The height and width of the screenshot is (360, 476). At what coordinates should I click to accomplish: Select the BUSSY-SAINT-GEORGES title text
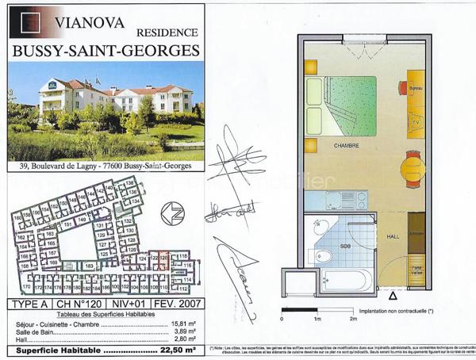pos(106,51)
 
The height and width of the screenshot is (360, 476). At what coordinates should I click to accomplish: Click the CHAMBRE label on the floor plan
pos(346,146)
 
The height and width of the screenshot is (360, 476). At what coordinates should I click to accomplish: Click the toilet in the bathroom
pos(324,255)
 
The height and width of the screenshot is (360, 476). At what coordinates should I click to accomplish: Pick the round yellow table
pos(413,169)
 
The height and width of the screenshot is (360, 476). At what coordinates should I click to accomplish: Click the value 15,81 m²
pos(184,323)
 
